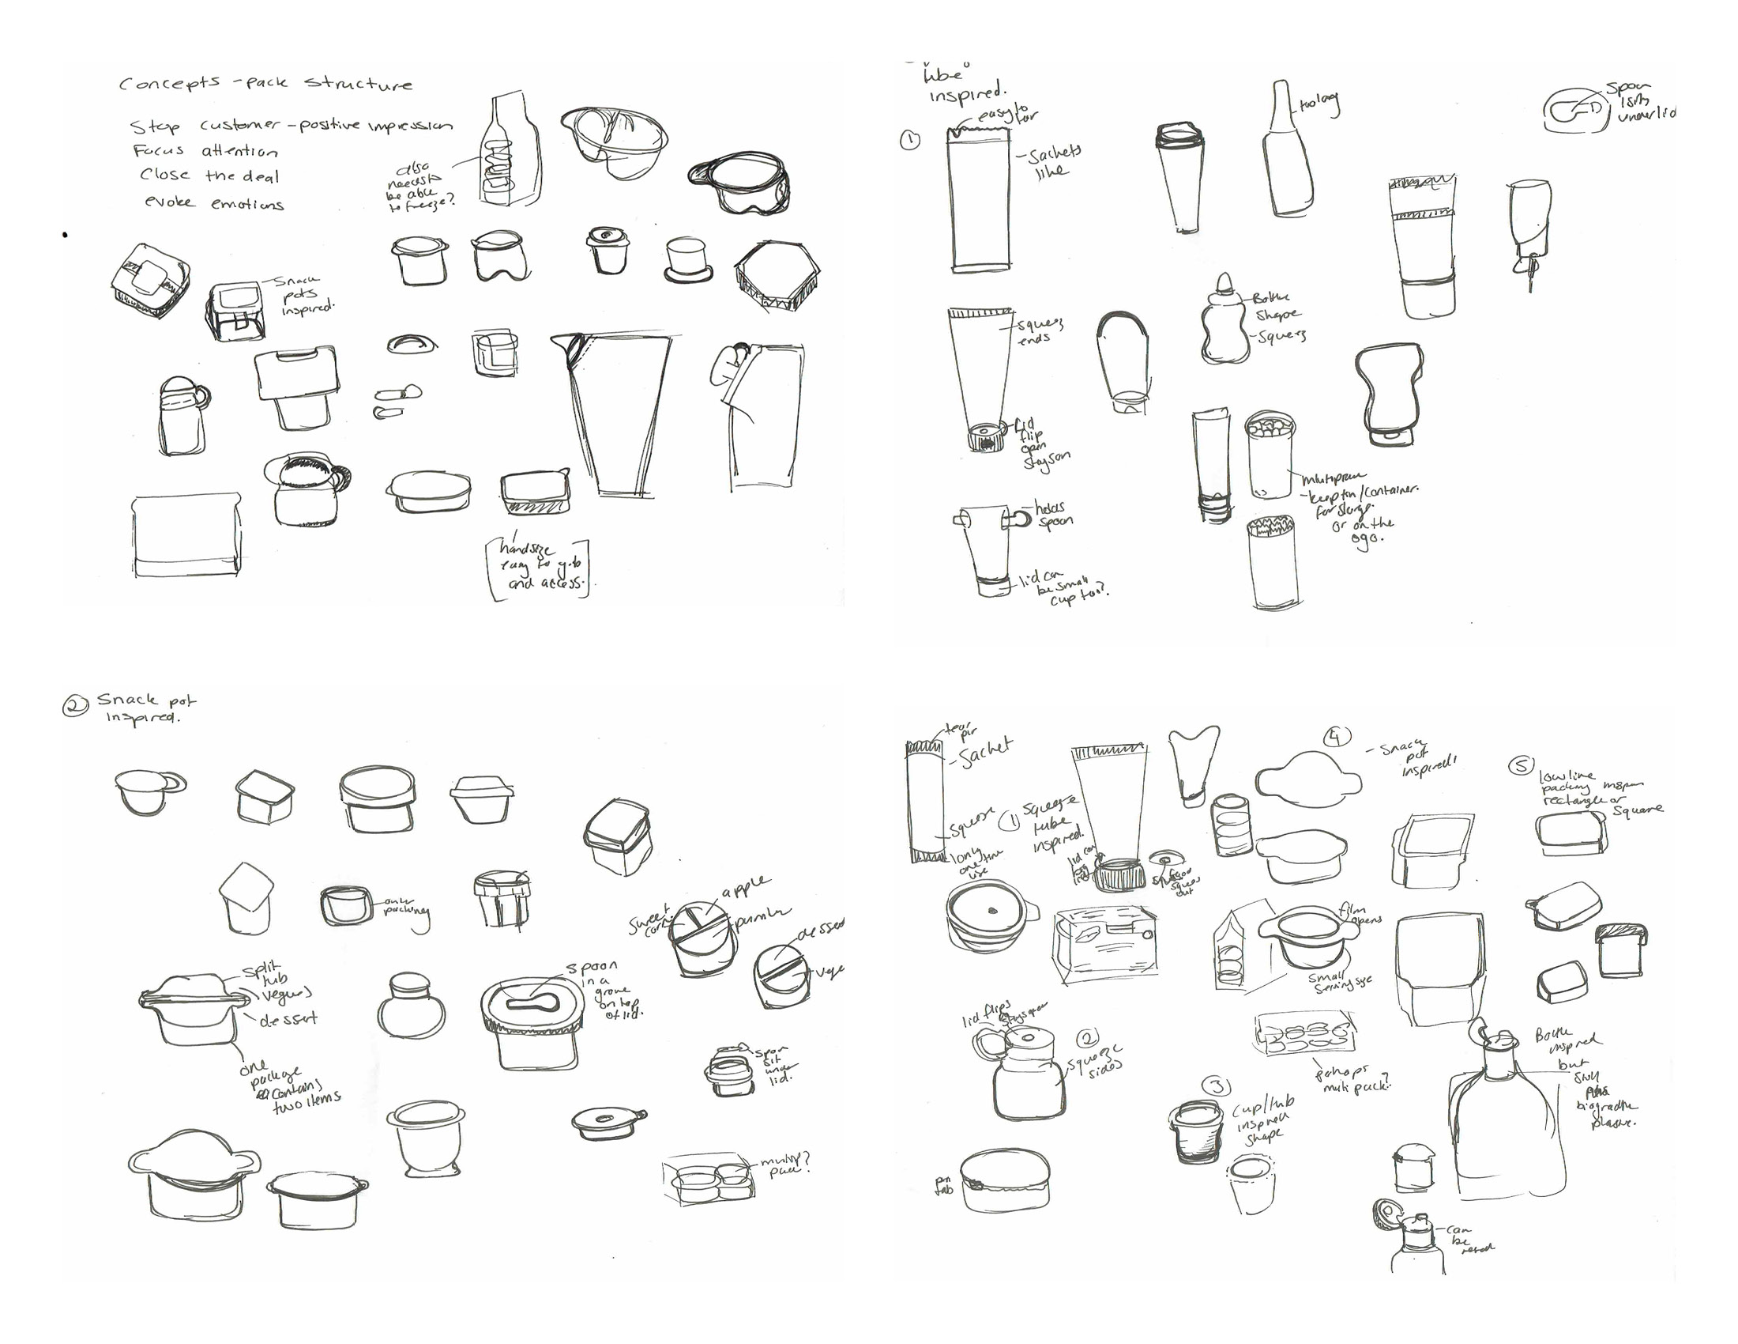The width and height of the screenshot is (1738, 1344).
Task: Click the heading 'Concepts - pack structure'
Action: [265, 83]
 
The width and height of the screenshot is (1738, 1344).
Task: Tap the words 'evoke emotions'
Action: [214, 203]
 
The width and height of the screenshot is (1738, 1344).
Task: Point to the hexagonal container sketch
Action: [777, 279]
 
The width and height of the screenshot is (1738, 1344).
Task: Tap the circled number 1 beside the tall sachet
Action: [909, 141]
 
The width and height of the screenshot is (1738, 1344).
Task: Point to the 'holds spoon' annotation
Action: [1053, 515]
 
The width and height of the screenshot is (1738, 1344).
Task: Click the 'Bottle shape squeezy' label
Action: [1278, 317]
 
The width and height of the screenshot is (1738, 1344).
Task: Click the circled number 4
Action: [1336, 738]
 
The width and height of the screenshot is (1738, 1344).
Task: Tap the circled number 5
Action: [1521, 765]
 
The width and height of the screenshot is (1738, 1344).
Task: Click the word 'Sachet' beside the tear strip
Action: [985, 752]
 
